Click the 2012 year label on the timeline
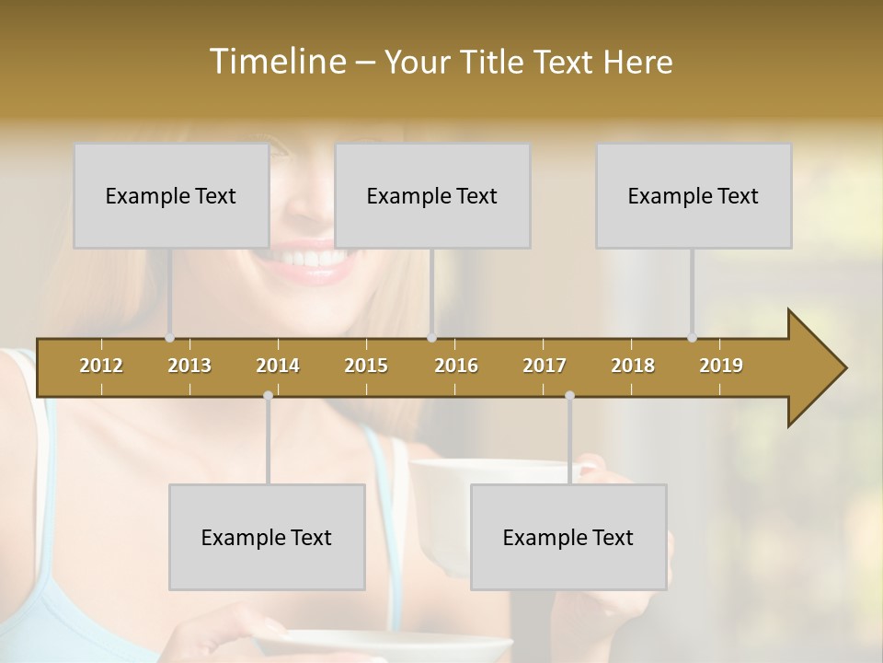tap(101, 366)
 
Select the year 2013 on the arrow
tap(189, 366)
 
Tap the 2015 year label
tap(366, 366)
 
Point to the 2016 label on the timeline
tap(456, 366)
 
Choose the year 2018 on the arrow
tap(633, 366)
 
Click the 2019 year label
tap(721, 366)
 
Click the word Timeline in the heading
tap(277, 62)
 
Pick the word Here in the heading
tap(638, 62)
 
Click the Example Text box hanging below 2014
tap(267, 537)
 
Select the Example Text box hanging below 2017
tap(568, 537)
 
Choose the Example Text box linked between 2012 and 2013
tap(171, 195)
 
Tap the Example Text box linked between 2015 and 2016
tap(432, 195)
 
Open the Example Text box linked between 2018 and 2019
tap(694, 195)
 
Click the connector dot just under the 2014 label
tap(268, 395)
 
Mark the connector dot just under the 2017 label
tap(569, 395)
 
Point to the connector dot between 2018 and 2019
tap(692, 338)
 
